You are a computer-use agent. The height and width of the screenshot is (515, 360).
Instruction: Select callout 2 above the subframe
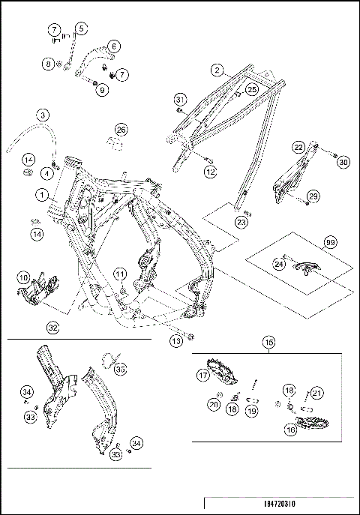point(217,70)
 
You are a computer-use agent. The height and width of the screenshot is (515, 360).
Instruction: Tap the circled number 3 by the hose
point(43,115)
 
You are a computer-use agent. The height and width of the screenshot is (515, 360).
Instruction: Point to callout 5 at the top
point(80,28)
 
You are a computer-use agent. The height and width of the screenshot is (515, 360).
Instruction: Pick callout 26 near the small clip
point(121,129)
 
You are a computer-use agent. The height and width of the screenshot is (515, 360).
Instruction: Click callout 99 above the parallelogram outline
point(328,242)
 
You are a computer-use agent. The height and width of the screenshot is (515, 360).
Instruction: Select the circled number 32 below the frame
point(52,327)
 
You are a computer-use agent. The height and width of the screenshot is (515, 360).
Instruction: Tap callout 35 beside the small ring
point(121,368)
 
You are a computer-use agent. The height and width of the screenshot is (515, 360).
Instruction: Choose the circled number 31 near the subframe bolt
point(179,100)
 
